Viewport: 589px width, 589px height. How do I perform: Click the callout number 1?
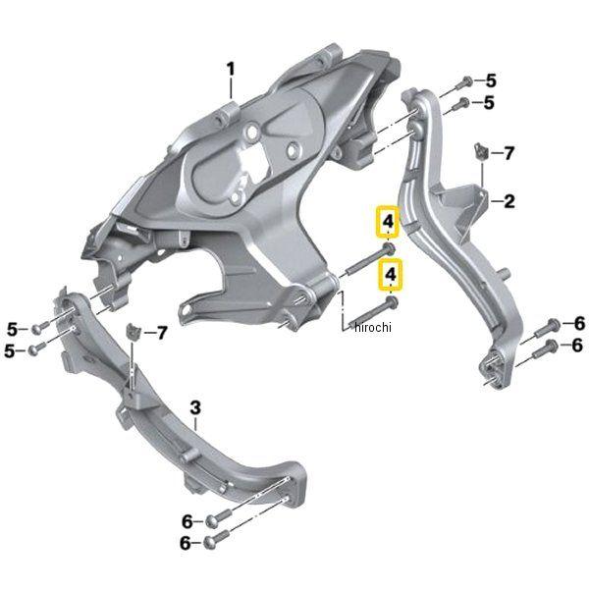[231, 70]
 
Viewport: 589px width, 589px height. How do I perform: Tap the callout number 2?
[509, 201]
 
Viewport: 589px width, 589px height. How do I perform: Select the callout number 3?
[195, 407]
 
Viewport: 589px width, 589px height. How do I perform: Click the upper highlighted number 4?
[388, 222]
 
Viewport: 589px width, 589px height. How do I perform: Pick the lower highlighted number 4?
[391, 275]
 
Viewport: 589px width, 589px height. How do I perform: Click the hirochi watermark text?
[373, 327]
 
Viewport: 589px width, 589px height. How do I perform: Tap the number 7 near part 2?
[509, 153]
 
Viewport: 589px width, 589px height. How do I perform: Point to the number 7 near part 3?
[162, 333]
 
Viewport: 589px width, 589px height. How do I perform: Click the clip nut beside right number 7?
[481, 151]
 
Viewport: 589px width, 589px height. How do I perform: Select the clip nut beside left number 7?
[133, 331]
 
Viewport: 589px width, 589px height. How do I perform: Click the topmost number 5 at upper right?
[491, 80]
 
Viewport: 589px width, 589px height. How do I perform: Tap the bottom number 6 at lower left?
[186, 543]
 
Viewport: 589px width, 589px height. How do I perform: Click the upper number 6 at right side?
[579, 323]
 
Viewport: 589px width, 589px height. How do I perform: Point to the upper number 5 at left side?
[13, 330]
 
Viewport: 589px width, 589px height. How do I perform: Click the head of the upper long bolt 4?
[388, 247]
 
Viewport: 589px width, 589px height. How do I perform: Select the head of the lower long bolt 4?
[391, 301]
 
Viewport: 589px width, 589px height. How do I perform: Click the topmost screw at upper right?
[463, 82]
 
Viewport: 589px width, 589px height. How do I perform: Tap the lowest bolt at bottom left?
[217, 539]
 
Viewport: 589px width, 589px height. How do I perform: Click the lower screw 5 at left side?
[37, 348]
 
